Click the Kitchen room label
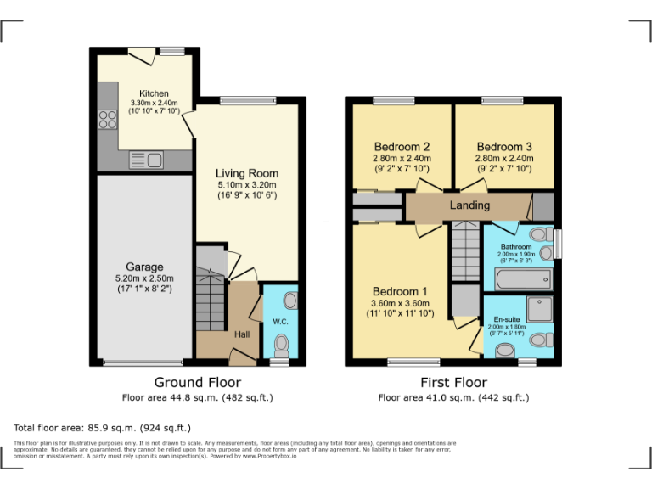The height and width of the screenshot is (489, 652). [x=154, y=93]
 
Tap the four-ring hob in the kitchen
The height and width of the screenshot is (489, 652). [x=107, y=120]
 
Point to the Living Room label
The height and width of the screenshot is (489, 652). [x=246, y=173]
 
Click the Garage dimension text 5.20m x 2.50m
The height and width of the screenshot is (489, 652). [x=144, y=278]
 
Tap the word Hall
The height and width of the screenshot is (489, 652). [x=243, y=335]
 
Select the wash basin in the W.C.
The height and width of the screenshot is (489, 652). [x=289, y=301]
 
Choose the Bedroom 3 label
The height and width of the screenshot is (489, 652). [x=504, y=146]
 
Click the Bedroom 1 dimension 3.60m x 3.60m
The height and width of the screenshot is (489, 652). [x=402, y=303]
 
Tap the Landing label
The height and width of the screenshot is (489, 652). [x=469, y=205]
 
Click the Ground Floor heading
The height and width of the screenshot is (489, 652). [x=197, y=383]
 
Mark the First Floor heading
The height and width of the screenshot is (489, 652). [x=452, y=383]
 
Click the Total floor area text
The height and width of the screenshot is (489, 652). [x=103, y=427]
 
